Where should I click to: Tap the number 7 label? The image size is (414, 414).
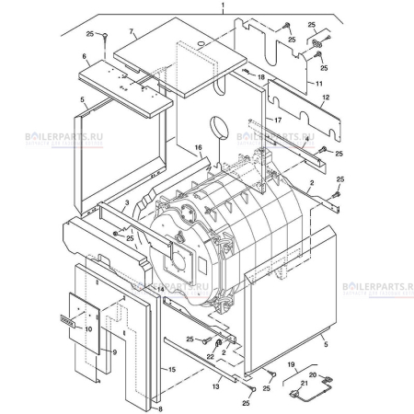pos(132,31)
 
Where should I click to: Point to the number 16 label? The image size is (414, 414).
pos(197,148)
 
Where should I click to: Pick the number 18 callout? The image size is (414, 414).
pos(260,77)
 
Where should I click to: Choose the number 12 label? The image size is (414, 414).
pos(326,98)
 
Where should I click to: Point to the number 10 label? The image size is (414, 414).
pos(89,328)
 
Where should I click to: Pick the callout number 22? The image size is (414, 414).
pos(210,356)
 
